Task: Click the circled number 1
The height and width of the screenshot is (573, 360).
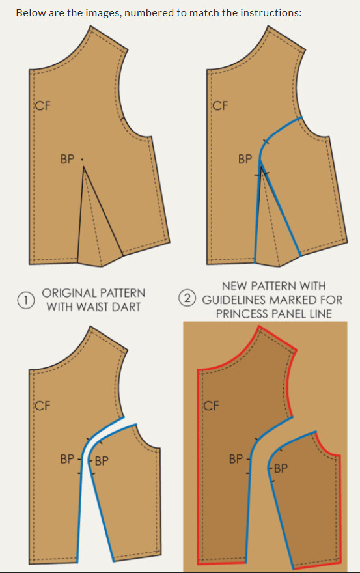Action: click(x=25, y=300)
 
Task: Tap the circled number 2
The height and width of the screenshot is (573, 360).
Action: click(x=187, y=298)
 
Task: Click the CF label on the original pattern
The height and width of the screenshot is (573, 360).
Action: click(x=43, y=106)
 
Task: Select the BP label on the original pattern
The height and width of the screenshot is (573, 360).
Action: click(x=67, y=160)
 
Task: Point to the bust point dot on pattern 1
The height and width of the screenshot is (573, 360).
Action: click(x=82, y=160)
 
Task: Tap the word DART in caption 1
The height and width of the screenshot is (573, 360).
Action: click(x=126, y=307)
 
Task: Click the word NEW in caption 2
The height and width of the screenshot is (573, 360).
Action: click(x=235, y=286)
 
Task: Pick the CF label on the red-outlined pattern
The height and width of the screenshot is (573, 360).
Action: click(x=211, y=406)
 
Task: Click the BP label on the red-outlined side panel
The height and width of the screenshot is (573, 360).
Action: click(x=281, y=468)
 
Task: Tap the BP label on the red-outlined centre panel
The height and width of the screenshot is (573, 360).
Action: click(x=236, y=459)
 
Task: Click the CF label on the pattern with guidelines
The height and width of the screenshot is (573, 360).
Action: click(x=221, y=106)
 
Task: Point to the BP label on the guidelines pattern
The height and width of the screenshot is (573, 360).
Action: click(x=245, y=160)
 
